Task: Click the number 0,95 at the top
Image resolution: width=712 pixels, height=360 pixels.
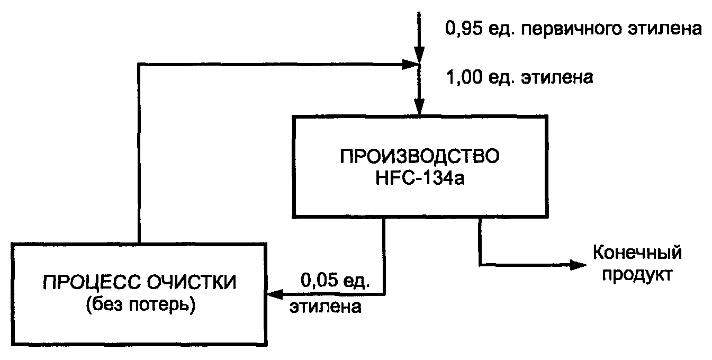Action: [x=464, y=28]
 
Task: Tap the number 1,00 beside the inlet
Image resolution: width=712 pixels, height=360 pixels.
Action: [x=464, y=78]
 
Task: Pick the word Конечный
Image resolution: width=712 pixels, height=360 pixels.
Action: [x=636, y=253]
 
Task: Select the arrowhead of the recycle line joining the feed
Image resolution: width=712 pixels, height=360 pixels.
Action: [x=410, y=65]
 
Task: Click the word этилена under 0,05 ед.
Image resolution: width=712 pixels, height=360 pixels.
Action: [x=326, y=307]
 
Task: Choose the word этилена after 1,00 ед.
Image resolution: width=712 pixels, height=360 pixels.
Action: [x=557, y=78]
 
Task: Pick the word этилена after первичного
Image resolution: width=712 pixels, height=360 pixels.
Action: [x=666, y=28]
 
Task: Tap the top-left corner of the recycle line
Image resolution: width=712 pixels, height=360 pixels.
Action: [x=138, y=65]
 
